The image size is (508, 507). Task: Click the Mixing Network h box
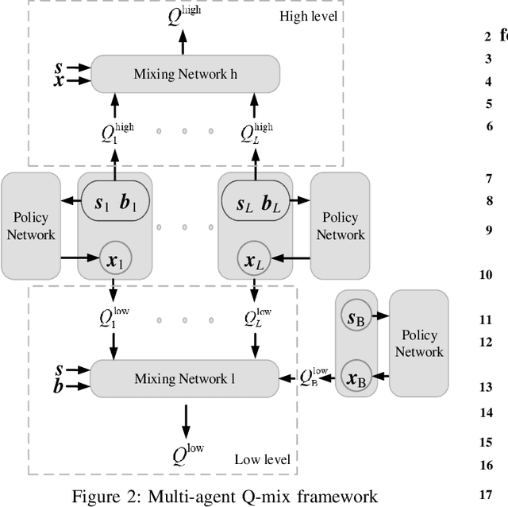coord(185,73)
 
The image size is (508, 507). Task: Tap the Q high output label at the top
coord(185,14)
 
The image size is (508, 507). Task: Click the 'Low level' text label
coord(262,459)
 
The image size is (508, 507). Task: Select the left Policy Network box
coord(31,225)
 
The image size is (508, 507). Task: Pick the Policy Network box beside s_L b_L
coord(341,225)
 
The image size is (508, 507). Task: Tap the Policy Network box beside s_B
coord(419,343)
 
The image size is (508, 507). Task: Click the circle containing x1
coord(113,258)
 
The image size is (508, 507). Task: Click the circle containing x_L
coord(253,258)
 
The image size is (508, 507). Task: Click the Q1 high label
coord(114,132)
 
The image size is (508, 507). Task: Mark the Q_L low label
coord(257,319)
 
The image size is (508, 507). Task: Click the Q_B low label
coord(315,375)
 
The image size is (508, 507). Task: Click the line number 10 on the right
coord(486,275)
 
